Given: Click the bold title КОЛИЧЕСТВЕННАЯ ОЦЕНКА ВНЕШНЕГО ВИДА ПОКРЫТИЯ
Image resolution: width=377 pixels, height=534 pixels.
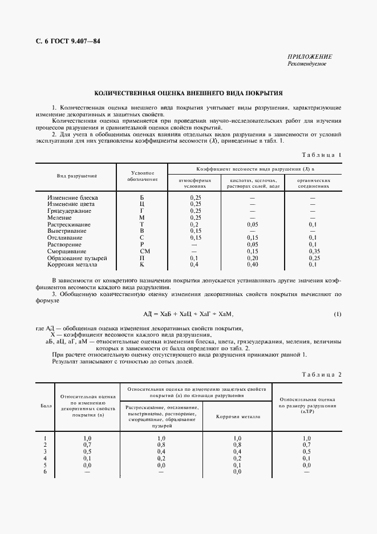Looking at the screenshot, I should pyautogui.click(x=188, y=92).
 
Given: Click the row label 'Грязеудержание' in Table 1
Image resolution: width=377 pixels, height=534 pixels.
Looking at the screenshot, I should pyautogui.click(x=69, y=211).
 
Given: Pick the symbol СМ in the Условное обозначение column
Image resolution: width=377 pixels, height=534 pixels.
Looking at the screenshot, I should pyautogui.click(x=142, y=251).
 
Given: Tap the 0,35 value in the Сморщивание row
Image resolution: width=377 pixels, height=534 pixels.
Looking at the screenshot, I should pyautogui.click(x=313, y=251).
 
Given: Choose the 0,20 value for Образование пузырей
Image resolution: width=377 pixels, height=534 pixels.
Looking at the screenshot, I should pyautogui.click(x=253, y=258).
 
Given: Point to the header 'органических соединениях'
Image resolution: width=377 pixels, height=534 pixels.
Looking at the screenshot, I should pyautogui.click(x=313, y=183).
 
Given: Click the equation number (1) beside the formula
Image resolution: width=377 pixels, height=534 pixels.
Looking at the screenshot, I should pyautogui.click(x=337, y=314).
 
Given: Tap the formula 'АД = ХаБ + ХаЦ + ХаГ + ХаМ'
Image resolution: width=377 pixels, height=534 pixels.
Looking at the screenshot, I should pyautogui.click(x=188, y=314).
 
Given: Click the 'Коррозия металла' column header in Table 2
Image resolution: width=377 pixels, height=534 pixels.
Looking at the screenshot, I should pyautogui.click(x=238, y=416).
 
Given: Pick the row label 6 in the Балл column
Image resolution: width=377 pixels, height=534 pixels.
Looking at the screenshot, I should pyautogui.click(x=45, y=472).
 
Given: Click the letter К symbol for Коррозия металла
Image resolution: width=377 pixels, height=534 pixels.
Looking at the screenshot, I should pyautogui.click(x=142, y=265).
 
